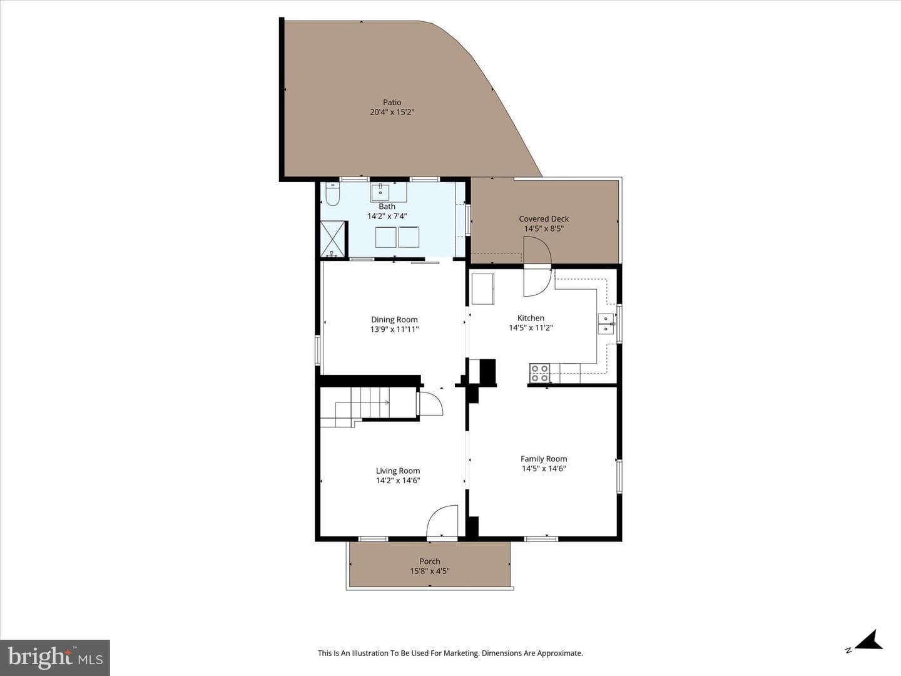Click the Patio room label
click(x=392, y=102)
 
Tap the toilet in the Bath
click(x=332, y=194)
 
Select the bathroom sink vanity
click(x=389, y=192)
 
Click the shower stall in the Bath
click(x=333, y=239)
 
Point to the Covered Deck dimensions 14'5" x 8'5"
click(x=544, y=228)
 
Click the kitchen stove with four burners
click(x=539, y=373)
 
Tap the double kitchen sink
click(x=606, y=324)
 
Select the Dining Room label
click(x=394, y=319)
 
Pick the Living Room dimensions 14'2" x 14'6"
click(x=398, y=481)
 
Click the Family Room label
click(x=544, y=459)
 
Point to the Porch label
click(x=430, y=561)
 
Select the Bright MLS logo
click(x=55, y=657)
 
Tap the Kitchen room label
click(x=531, y=318)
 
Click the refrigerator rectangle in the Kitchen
click(x=482, y=289)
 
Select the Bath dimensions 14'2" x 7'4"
click(x=387, y=216)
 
